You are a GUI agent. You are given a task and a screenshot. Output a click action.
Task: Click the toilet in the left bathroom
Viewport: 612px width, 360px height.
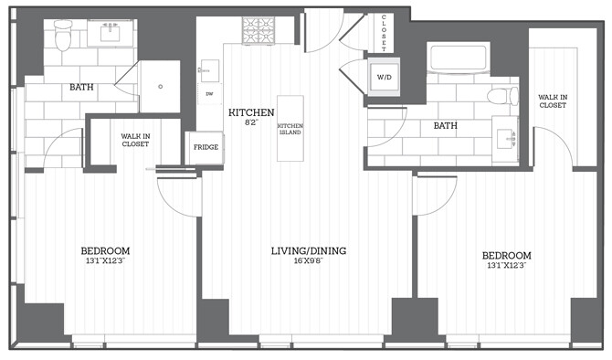(63, 36)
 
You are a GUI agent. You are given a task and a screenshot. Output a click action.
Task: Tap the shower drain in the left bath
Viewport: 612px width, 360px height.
(160, 87)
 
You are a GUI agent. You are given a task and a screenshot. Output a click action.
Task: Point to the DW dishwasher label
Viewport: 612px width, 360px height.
(209, 93)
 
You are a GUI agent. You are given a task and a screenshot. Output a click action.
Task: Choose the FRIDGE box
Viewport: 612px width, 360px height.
(203, 146)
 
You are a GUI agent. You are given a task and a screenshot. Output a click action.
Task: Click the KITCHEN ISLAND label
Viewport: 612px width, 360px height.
(290, 129)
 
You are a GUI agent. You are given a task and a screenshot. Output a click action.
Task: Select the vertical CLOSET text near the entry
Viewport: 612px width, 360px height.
(385, 31)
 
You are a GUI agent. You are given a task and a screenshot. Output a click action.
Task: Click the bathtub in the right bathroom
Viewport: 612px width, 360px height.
(457, 58)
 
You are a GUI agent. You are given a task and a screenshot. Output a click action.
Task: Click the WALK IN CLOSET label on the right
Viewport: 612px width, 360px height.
(552, 101)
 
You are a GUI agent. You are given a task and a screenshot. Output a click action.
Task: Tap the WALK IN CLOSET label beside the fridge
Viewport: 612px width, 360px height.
(136, 140)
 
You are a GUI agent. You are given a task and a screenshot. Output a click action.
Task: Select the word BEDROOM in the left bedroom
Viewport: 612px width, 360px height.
(105, 251)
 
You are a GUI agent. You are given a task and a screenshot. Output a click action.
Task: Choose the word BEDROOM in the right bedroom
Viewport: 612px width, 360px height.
(506, 255)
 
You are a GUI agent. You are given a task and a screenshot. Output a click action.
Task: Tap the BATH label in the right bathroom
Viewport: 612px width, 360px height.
(445, 126)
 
